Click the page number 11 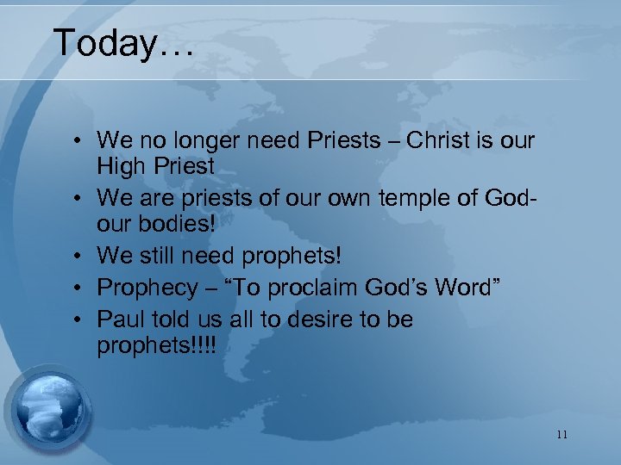[x=561, y=435]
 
